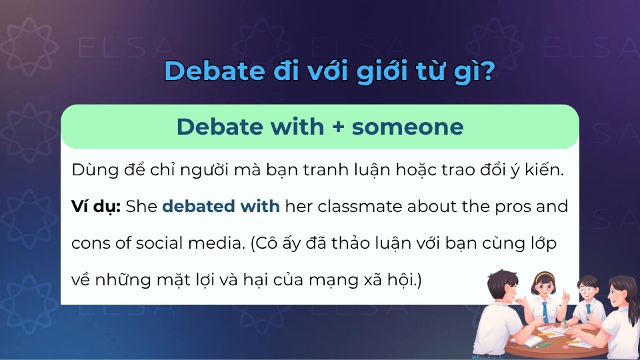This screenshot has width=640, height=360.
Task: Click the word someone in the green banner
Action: tap(407, 126)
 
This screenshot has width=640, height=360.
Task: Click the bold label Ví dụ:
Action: tap(95, 206)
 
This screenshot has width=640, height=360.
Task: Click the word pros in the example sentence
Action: tap(508, 206)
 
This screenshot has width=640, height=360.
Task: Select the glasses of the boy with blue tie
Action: tap(585, 291)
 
